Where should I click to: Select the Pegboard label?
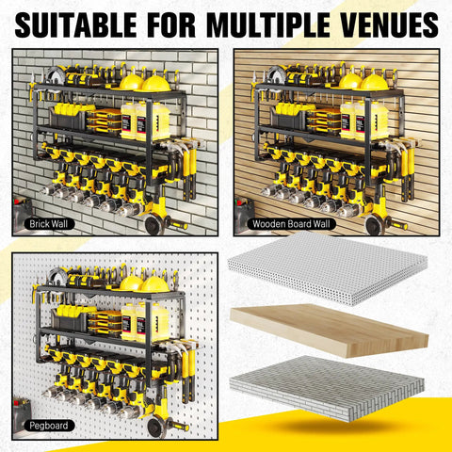click(43, 426)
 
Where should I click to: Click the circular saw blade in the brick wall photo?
click(56, 75)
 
